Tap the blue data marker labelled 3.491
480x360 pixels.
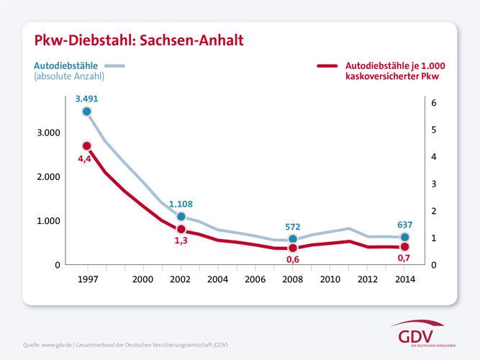(x=87, y=112)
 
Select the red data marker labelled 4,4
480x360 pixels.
(x=87, y=146)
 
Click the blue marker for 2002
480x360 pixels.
(x=181, y=217)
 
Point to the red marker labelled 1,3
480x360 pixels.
(x=181, y=229)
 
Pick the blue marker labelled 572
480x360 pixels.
(x=292, y=239)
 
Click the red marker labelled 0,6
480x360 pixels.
(x=292, y=248)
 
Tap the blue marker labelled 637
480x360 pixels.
(x=404, y=237)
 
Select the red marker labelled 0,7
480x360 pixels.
(x=404, y=247)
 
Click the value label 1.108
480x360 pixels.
(x=181, y=204)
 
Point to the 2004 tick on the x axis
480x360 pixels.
(x=217, y=279)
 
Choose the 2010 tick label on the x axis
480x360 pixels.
(x=330, y=279)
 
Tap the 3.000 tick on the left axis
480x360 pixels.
(x=47, y=133)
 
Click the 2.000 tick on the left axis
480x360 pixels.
(x=47, y=177)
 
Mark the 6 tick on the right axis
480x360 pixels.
(x=434, y=103)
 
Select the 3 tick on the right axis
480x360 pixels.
(x=434, y=184)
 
